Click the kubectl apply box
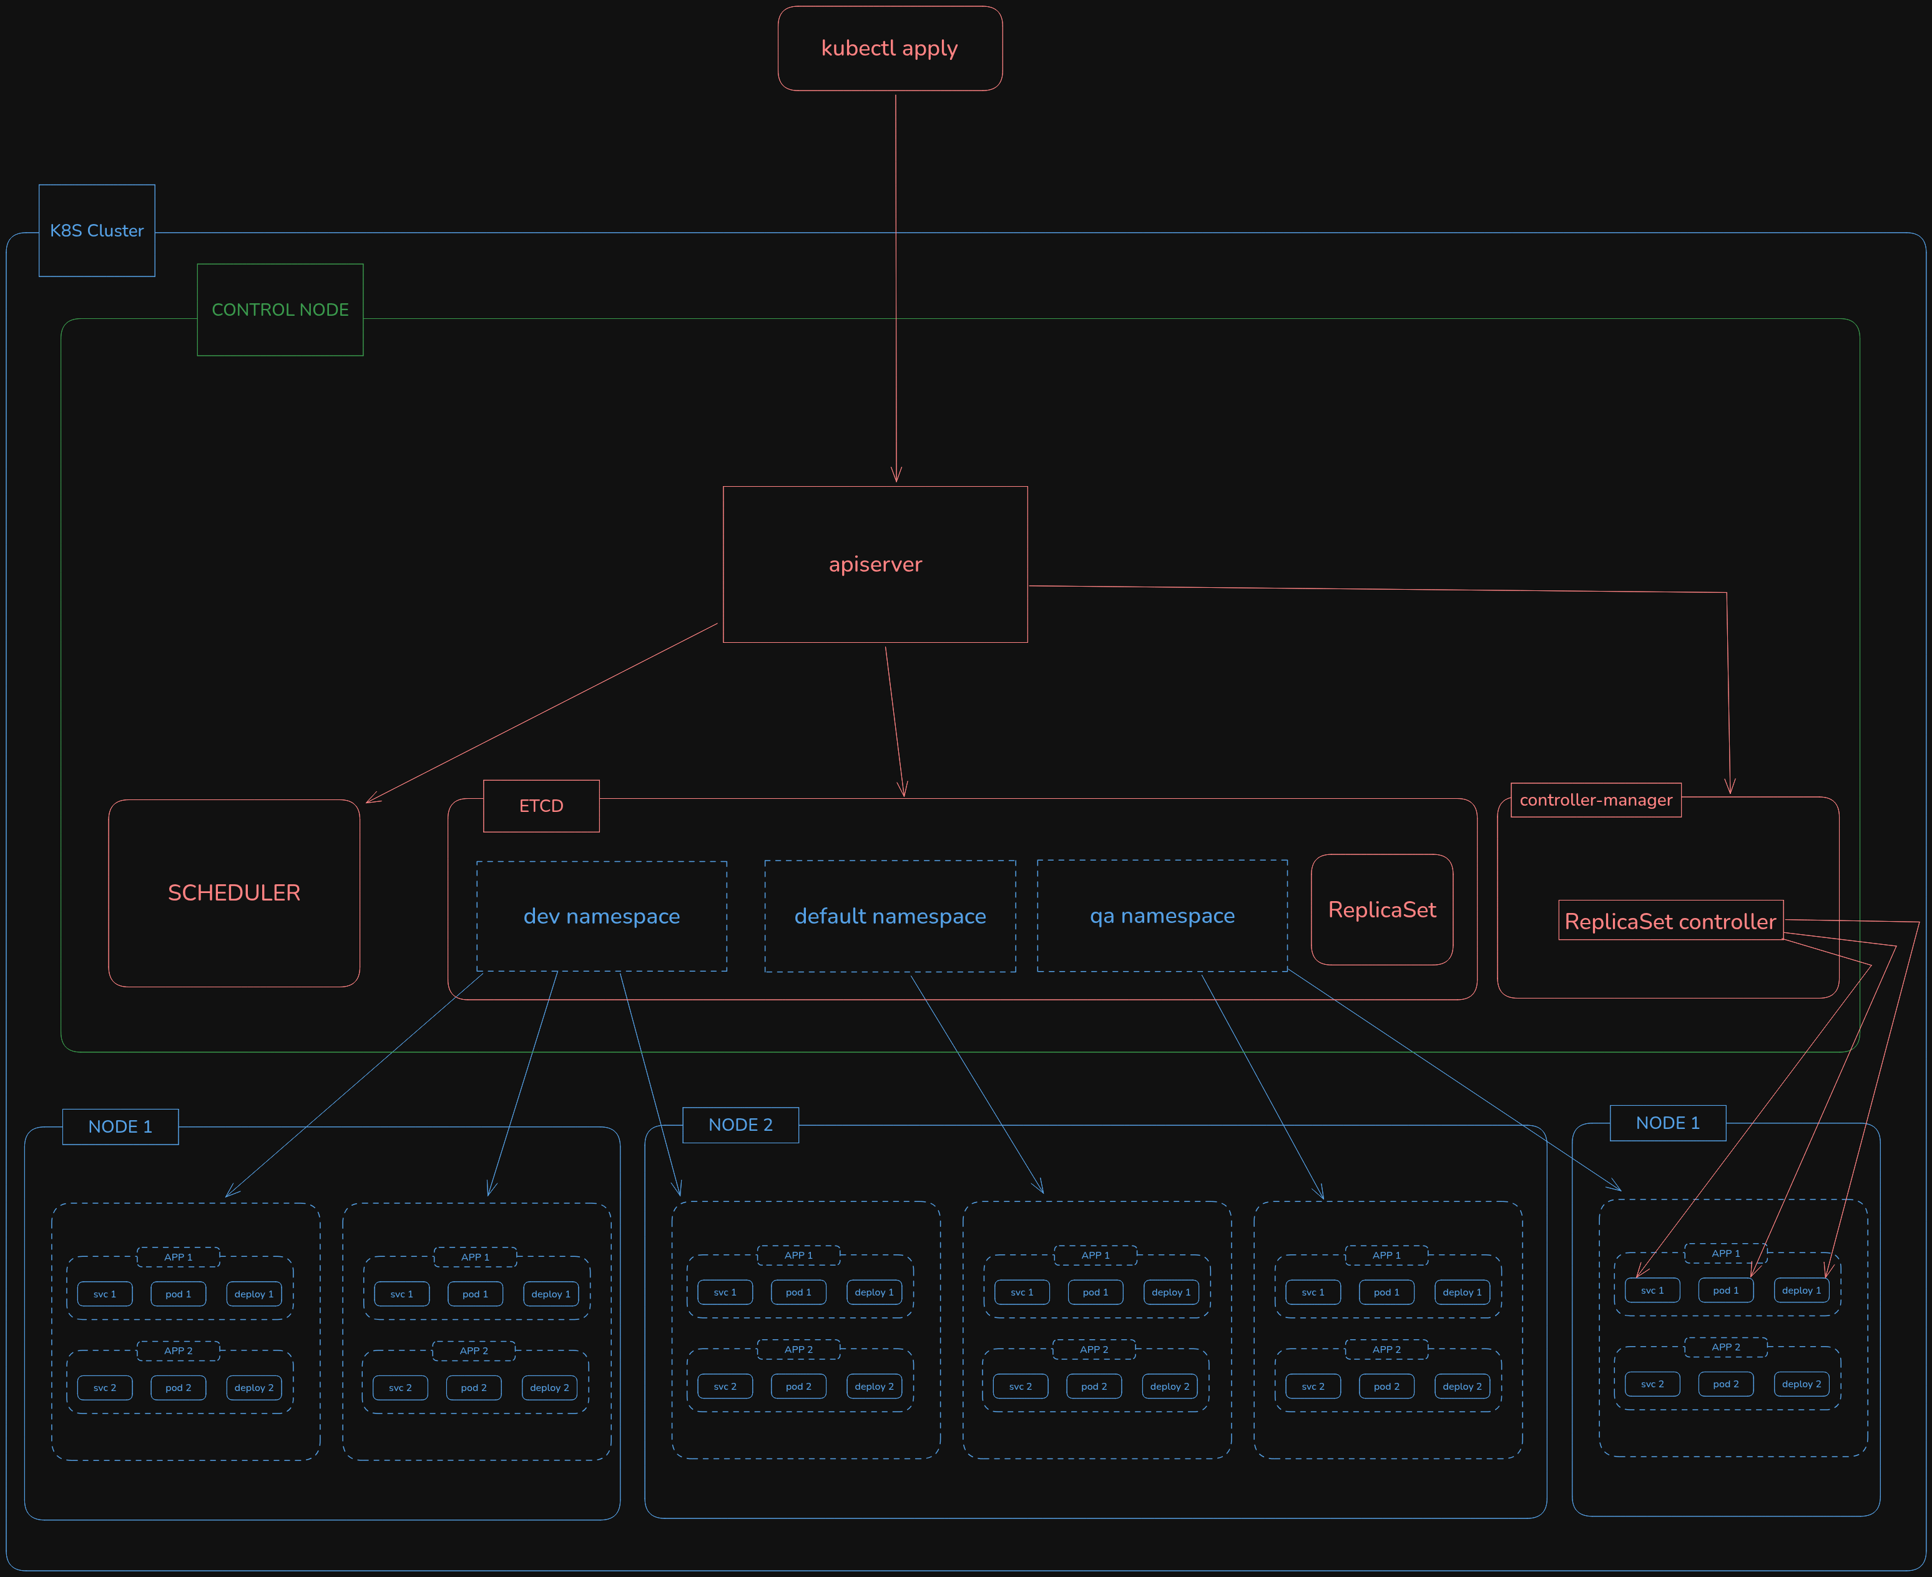(x=890, y=48)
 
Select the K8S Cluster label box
(x=96, y=231)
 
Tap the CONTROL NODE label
(x=280, y=310)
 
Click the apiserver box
(x=875, y=564)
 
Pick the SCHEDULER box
(x=233, y=893)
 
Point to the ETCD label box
(x=541, y=806)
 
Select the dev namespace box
(x=602, y=915)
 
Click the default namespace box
(x=890, y=915)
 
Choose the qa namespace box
(x=1162, y=915)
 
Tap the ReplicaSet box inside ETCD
(x=1381, y=909)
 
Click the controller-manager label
(x=1596, y=800)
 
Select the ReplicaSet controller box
(x=1670, y=921)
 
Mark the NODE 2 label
(x=740, y=1125)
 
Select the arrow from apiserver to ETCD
(x=895, y=722)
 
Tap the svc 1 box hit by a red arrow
(x=1652, y=1291)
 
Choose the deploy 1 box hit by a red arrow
(x=1801, y=1291)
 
